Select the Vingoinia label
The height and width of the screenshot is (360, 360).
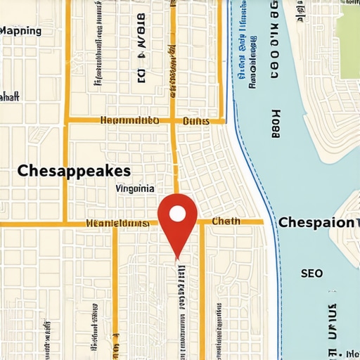[134, 188]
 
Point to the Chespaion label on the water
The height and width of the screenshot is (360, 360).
[316, 222]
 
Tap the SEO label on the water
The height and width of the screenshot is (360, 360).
[311, 273]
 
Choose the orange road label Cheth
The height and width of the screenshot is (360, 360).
[226, 221]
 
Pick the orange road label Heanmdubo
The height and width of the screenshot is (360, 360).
[130, 121]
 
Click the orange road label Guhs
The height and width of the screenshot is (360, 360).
[195, 121]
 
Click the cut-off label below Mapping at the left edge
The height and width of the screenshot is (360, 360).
[8, 97]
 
